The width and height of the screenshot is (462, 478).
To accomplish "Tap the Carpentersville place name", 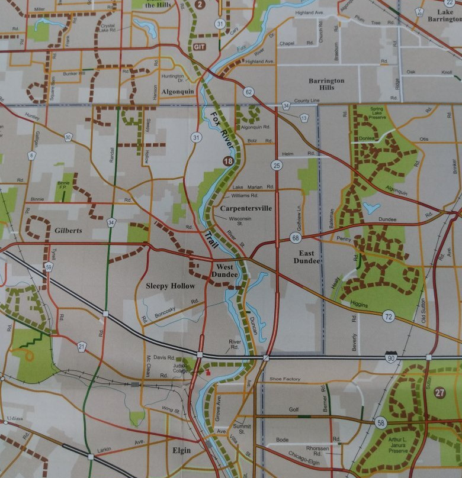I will (245, 208).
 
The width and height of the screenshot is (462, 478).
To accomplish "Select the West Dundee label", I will (226, 271).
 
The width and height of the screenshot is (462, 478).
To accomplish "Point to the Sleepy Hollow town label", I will (170, 286).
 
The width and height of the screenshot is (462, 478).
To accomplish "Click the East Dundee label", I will (306, 256).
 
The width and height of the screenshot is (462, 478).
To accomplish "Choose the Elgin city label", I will (181, 450).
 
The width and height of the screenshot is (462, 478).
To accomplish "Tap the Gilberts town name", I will (68, 230).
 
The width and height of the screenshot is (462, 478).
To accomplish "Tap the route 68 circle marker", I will (295, 238).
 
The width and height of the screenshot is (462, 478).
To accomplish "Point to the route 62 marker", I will (248, 91).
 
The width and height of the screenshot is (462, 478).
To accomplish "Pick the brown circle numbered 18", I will (228, 161).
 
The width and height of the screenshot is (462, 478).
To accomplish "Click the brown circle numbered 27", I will (439, 392).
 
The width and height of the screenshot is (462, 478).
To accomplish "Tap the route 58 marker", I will (381, 422).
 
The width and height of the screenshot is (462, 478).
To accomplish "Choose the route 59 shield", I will (49, 267).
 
